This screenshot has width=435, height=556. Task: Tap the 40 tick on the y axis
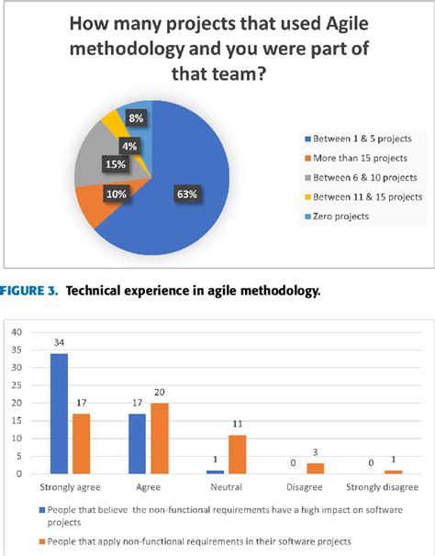coord(15,331)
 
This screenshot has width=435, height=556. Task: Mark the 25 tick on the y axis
coord(15,384)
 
